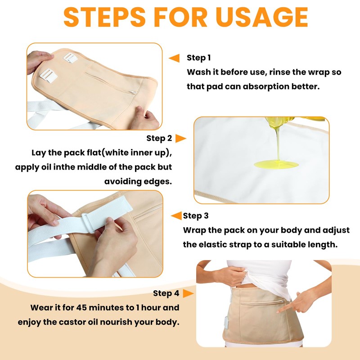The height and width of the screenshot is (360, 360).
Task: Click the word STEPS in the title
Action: point(104,17)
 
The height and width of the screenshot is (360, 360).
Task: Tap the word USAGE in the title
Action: point(262,17)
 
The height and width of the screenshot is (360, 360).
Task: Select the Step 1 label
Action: point(198,58)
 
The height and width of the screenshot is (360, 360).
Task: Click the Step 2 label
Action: point(159,138)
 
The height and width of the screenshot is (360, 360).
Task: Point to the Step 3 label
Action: point(196,216)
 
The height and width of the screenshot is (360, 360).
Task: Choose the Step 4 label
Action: point(166,293)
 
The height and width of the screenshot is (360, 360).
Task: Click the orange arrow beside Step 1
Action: point(174,58)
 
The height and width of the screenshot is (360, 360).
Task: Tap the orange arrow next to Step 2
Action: point(181,139)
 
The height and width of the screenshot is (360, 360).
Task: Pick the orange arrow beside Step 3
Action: point(176,216)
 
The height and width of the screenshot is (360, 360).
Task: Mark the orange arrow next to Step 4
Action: point(188,293)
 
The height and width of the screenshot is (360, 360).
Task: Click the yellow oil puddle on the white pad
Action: point(276,164)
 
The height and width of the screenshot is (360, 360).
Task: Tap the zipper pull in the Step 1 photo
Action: point(133,93)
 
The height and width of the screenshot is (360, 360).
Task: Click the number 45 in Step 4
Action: point(81,308)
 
